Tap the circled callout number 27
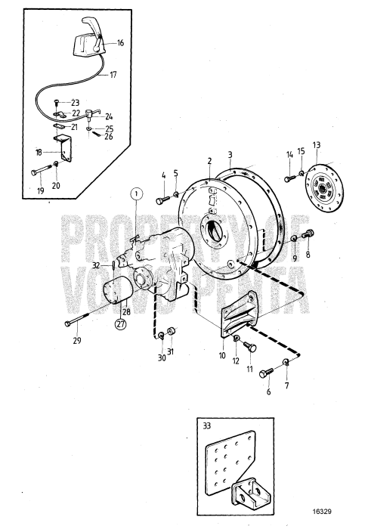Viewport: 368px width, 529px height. pos(120,325)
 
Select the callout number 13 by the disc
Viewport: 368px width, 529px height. pos(317,145)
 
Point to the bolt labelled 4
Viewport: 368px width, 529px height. pos(165,200)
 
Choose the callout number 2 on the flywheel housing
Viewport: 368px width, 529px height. pos(208,162)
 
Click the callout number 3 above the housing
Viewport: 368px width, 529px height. pos(230,156)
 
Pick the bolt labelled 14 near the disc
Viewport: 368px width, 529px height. pos(289,178)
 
